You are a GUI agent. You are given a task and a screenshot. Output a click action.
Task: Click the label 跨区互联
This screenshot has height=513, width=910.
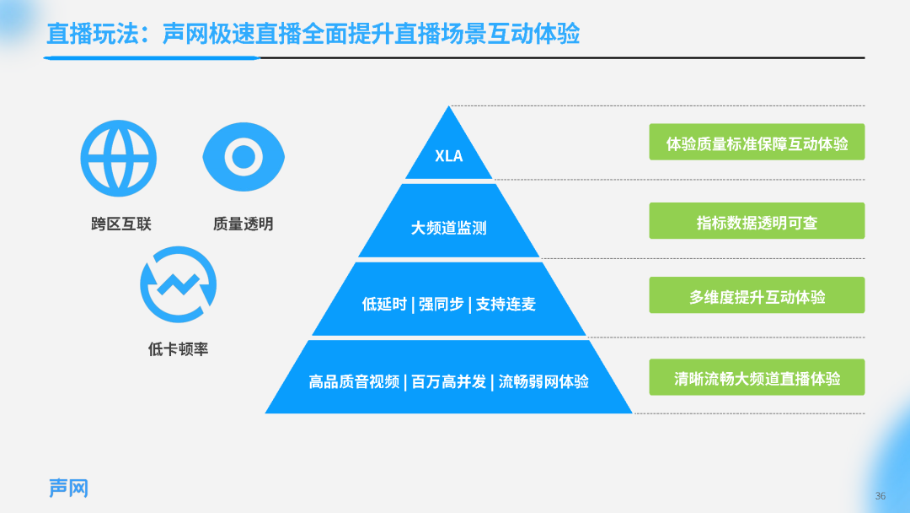[121, 224]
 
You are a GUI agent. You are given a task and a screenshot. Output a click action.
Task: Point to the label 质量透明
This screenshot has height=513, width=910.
[244, 224]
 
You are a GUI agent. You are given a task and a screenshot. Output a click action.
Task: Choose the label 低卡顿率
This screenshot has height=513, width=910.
[178, 349]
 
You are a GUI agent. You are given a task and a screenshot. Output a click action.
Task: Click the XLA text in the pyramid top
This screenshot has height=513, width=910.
[448, 156]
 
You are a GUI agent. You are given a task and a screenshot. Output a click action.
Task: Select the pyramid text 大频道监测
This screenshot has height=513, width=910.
[448, 228]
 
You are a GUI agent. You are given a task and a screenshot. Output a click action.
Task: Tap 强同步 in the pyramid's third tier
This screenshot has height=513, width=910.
[441, 304]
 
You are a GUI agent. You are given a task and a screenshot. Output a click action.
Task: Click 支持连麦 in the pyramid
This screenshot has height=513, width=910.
[506, 304]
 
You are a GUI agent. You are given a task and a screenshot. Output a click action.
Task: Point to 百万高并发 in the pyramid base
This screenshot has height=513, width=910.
[448, 381]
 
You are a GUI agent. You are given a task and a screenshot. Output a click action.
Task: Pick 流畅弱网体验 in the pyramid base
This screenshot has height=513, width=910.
[543, 381]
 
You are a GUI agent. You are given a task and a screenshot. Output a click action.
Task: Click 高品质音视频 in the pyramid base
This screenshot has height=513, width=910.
[354, 381]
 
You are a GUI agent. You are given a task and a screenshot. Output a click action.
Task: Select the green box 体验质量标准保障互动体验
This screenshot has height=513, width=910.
[757, 142]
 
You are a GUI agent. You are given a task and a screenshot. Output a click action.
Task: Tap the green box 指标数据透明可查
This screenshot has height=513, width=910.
[757, 221]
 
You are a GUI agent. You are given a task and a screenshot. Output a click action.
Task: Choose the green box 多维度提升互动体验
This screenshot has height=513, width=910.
[757, 295]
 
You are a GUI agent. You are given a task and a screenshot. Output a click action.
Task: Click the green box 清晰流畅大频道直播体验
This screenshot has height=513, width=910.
[757, 377]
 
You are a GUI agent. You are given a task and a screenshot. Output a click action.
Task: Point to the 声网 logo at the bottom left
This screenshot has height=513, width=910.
[68, 488]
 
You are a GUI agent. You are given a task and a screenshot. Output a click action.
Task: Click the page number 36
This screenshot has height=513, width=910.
[881, 496]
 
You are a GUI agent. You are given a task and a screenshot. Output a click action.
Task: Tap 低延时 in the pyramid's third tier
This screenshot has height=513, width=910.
[384, 304]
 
